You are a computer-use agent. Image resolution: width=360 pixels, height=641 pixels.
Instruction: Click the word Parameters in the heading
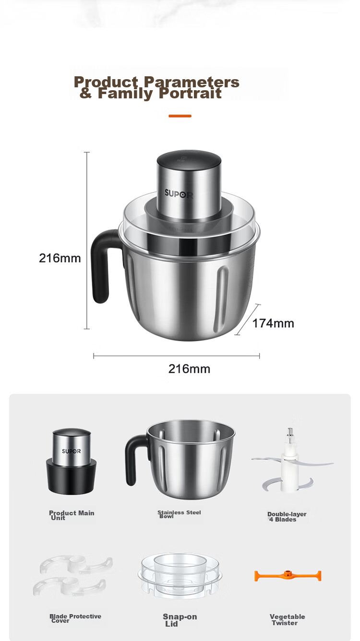click(192, 83)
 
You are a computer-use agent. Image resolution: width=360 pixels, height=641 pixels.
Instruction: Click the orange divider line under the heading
click(180, 116)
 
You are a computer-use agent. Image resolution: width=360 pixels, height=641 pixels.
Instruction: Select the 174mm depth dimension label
click(273, 323)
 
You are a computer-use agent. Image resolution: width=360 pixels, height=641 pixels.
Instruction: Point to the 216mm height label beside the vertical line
click(60, 258)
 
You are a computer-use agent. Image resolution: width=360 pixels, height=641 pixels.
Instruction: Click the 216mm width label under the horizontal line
click(189, 369)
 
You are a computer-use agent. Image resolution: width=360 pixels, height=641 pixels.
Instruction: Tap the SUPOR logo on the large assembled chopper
click(179, 194)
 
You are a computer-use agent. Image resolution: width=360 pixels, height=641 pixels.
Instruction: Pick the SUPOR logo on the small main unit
click(72, 451)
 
